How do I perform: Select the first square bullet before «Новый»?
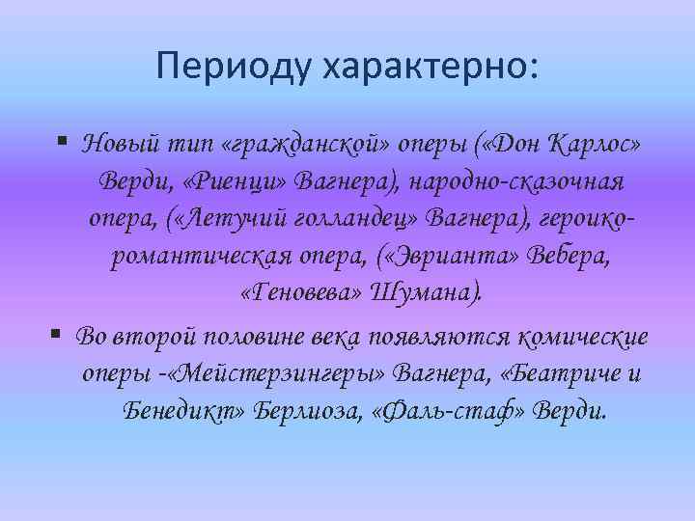pyautogui.click(x=61, y=142)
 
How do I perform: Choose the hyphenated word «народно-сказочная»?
pyautogui.click(x=522, y=182)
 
